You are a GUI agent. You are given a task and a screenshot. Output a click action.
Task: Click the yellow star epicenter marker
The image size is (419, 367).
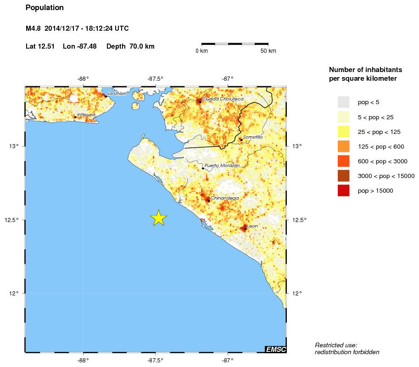pos(158,218)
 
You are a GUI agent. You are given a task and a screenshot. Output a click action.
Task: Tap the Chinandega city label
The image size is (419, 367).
pos(224,198)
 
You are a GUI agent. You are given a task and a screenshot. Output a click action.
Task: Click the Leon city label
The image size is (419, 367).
pos(252,226)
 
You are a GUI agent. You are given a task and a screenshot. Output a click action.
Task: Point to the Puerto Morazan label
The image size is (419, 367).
pos(222,165)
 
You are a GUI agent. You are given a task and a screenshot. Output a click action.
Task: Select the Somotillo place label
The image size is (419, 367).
pos(253,137)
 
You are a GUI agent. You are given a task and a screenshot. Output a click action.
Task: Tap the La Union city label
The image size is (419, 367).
pos(117,94)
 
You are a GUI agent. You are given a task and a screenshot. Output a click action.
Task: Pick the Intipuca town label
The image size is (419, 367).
pos(86,115)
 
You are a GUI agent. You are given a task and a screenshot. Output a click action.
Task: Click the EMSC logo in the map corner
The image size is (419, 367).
pos(276,350)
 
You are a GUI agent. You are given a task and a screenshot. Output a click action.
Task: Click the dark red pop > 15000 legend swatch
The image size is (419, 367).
pos(343,190)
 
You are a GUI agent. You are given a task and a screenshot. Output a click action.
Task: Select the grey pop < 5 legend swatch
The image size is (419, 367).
pos(343,102)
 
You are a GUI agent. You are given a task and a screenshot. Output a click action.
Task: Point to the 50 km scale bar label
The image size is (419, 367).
pos(268,51)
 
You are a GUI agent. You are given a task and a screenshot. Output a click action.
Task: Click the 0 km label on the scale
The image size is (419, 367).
pos(201,51)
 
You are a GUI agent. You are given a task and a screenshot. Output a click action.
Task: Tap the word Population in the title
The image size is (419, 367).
pos(45,8)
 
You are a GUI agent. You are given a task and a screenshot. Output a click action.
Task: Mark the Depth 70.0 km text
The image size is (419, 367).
pos(130,46)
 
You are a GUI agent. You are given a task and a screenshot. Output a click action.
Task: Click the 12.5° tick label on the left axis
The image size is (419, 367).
pos(13,220)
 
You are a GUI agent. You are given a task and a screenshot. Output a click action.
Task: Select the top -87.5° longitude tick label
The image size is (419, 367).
pos(156,78)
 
